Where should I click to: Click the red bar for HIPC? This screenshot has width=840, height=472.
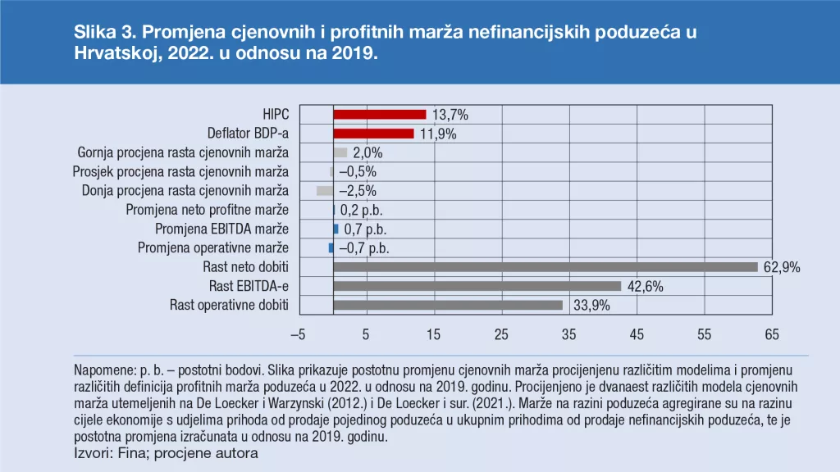380,115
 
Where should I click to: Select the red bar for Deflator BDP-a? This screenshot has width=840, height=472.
373,134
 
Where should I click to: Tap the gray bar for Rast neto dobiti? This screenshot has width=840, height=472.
546,267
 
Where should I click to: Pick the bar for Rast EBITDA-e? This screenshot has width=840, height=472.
477,286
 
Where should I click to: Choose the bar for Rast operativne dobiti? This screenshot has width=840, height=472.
448,305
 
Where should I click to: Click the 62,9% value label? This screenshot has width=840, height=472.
781,267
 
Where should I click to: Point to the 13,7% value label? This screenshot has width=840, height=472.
450,115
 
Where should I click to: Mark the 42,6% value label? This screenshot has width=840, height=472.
645,286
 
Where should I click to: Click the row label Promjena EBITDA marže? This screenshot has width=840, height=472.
221,229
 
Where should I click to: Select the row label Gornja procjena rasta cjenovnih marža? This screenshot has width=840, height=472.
183,152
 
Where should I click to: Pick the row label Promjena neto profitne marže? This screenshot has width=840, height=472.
208,210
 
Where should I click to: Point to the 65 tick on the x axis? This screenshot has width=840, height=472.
771,335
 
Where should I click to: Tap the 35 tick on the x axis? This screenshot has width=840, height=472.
568,335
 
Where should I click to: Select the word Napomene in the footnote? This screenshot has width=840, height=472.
102,370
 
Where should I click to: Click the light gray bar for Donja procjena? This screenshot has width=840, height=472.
325,191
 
